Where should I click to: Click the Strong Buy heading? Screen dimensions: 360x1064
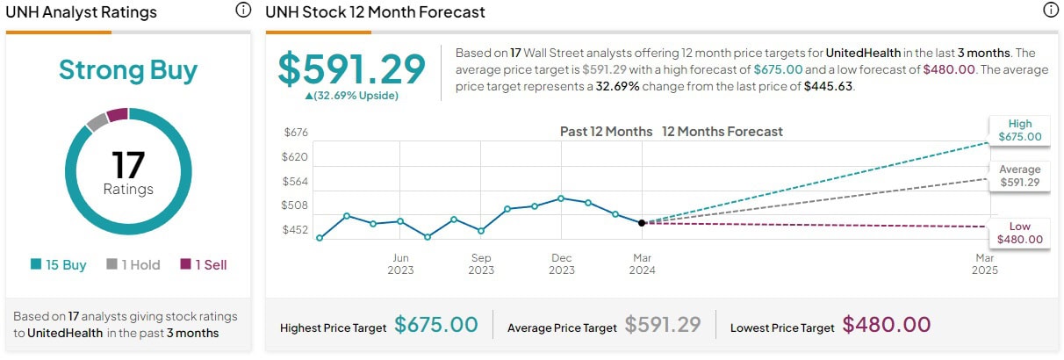(x=128, y=70)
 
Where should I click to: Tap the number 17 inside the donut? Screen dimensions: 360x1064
(x=128, y=164)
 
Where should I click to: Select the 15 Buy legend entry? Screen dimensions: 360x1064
(x=59, y=264)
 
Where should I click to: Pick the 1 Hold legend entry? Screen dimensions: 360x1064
(x=133, y=264)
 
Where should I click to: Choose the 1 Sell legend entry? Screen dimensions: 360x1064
(x=204, y=264)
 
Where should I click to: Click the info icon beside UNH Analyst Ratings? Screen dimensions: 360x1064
(x=243, y=11)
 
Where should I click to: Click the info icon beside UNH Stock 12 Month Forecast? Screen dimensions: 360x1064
(x=1051, y=11)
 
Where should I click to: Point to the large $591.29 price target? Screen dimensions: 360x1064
(x=352, y=69)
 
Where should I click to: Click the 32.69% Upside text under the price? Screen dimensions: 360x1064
(x=351, y=96)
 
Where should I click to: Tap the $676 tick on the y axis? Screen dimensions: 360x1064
(x=296, y=132)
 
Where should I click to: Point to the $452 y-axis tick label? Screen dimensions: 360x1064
(x=296, y=230)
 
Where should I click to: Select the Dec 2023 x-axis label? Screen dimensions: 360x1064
(x=562, y=263)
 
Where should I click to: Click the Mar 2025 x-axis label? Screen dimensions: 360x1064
(x=985, y=263)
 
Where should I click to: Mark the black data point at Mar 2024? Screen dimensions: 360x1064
(x=642, y=223)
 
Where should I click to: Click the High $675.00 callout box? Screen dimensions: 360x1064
(x=1020, y=130)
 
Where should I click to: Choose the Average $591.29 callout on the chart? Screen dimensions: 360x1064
(x=1020, y=176)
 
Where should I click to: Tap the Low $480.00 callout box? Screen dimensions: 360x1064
(x=1020, y=233)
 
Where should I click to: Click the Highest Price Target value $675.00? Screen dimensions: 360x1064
(x=436, y=325)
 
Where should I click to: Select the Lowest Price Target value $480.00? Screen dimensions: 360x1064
(x=887, y=325)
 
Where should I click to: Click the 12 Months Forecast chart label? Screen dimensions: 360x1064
(x=722, y=132)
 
